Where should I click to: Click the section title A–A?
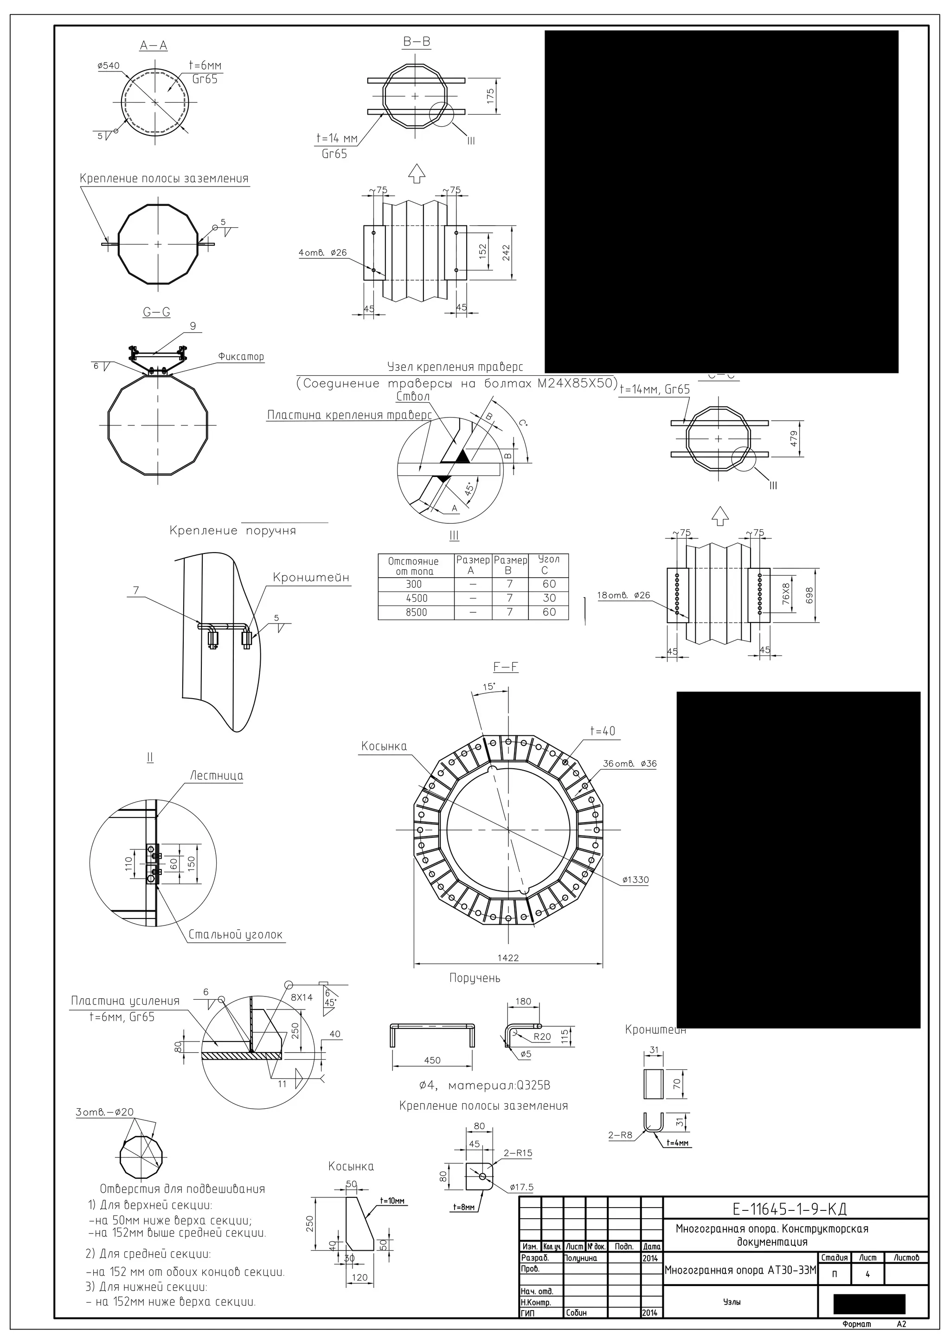(154, 45)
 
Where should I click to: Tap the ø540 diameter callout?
(108, 66)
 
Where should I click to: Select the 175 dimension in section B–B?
(490, 95)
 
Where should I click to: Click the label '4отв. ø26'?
(322, 253)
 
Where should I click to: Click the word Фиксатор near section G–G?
(241, 356)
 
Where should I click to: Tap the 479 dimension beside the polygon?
(794, 438)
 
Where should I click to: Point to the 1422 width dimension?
(507, 958)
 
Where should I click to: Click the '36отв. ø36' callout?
(630, 763)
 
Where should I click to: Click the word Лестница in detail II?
(217, 776)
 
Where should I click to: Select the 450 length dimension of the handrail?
(431, 1061)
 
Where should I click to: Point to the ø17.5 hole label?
(521, 1187)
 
